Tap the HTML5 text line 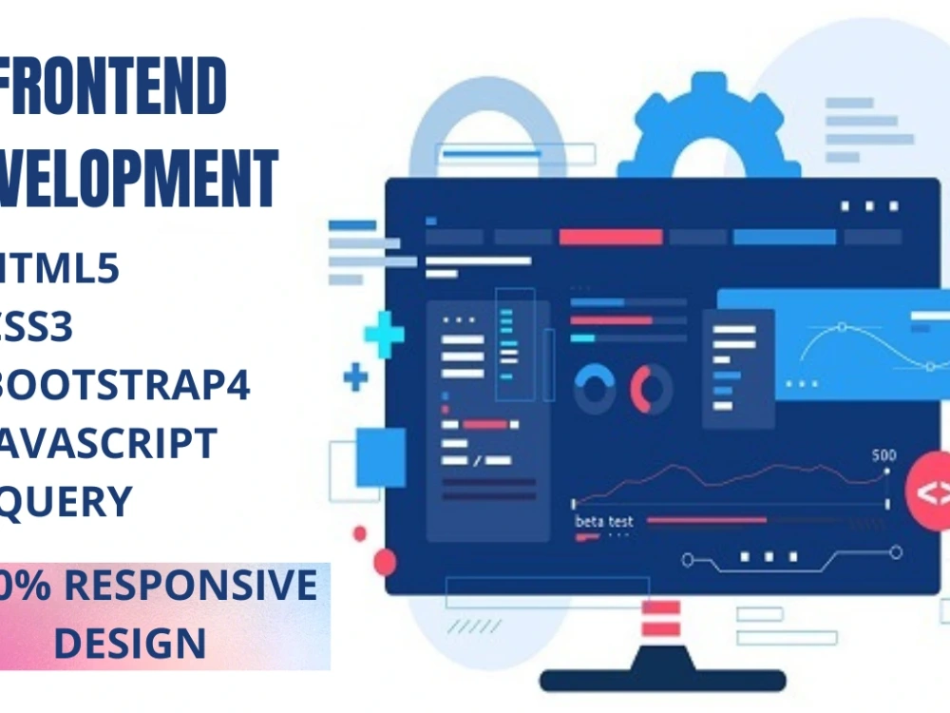tap(61, 270)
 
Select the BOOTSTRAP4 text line tap(123, 387)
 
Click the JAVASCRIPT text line tap(109, 444)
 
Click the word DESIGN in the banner tap(129, 642)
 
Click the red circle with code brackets tap(931, 491)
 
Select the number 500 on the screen tap(883, 455)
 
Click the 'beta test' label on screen tap(604, 521)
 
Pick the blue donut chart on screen tap(595, 388)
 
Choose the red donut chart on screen tap(652, 388)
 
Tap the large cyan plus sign tap(384, 335)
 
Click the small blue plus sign tap(355, 377)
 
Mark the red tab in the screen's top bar tap(610, 237)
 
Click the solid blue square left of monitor tap(381, 456)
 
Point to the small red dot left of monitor tap(360, 533)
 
